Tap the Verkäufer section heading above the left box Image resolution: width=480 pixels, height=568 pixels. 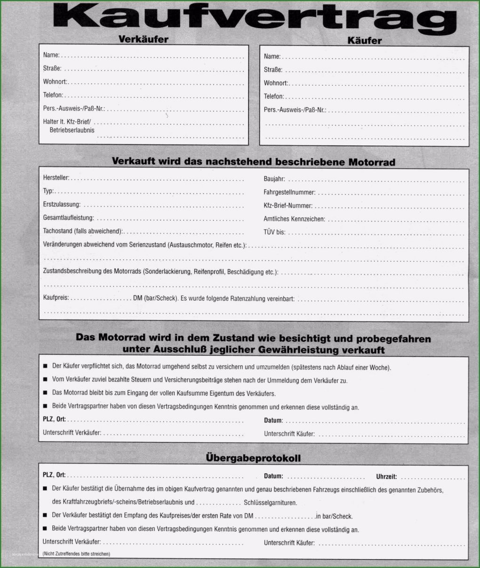coord(144,40)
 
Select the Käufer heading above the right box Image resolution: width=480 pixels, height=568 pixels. coord(364,40)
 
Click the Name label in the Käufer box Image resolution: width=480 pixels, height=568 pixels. coord(272,56)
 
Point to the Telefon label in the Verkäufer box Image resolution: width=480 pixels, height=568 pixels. coord(53,95)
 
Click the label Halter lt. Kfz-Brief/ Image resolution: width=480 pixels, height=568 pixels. coord(67,121)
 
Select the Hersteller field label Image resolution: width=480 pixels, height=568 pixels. coord(56,178)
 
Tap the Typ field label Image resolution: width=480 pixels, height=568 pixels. coord(48,191)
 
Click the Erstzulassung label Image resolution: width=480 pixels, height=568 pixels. coord(62,205)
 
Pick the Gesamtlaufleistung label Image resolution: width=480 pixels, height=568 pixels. coord(68,218)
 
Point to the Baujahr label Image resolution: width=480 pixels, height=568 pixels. coord(274,179)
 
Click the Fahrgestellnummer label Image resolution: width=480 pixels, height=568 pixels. coord(289,192)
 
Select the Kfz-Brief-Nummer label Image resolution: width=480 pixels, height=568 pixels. coord(288,206)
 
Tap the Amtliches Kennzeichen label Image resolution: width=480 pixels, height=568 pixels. coord(294,219)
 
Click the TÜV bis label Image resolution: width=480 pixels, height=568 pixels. coord(274,232)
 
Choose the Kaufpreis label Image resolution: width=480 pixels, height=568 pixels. coord(56,298)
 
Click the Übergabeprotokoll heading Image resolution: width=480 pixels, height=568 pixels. coord(253,458)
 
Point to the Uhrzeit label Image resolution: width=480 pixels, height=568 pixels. coord(386,476)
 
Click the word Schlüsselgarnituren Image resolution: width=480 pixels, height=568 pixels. coord(270,503)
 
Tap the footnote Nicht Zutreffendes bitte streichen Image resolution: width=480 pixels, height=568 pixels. coord(76,554)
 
